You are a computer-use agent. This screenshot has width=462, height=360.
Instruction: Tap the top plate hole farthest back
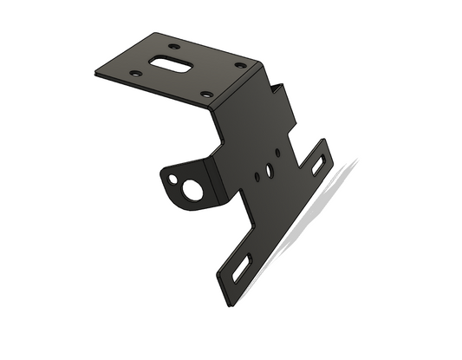(x=174, y=45)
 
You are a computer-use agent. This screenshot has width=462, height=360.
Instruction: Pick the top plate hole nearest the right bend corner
(x=239, y=66)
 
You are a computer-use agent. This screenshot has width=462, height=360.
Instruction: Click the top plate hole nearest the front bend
(x=206, y=94)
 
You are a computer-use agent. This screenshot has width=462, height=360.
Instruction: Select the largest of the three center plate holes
(x=270, y=171)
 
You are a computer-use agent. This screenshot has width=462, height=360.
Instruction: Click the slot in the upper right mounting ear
(x=321, y=163)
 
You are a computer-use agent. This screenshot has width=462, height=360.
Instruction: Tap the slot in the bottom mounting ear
(x=242, y=267)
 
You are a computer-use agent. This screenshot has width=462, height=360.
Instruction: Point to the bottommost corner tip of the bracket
(x=229, y=306)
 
